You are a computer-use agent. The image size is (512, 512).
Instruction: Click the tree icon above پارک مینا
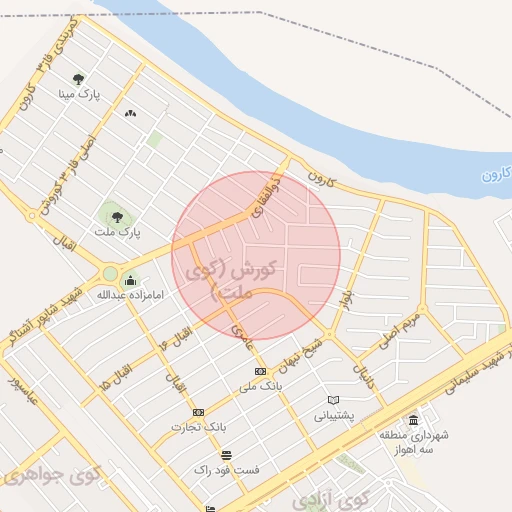[x=79, y=80]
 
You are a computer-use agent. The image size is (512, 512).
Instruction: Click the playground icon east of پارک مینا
[x=129, y=113]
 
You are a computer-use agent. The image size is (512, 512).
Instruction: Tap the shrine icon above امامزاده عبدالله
[x=130, y=281]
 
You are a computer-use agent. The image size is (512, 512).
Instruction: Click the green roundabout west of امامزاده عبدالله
[x=109, y=273]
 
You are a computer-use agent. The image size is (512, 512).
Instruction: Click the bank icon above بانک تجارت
[x=197, y=412]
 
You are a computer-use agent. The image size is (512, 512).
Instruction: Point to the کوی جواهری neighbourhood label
[x=35, y=476]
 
